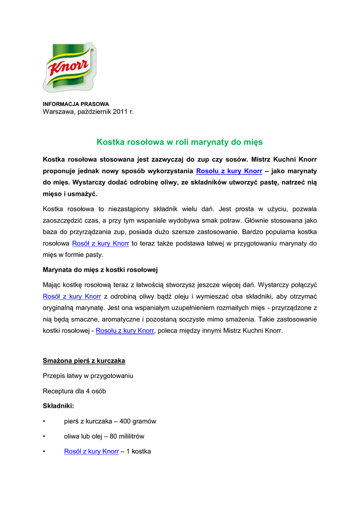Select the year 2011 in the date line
pos(121,112)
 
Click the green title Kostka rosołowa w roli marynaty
pos(179,142)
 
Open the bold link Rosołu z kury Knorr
pos(229,171)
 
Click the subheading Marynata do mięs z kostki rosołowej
pos(100,270)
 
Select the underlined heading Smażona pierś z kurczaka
pos(83,361)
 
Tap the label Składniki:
pos(58,406)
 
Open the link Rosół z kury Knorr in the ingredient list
pos(91,451)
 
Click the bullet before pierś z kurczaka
pos(45,422)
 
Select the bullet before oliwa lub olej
pos(45,437)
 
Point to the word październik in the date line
pos(93,112)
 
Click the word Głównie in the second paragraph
pos(259,220)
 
